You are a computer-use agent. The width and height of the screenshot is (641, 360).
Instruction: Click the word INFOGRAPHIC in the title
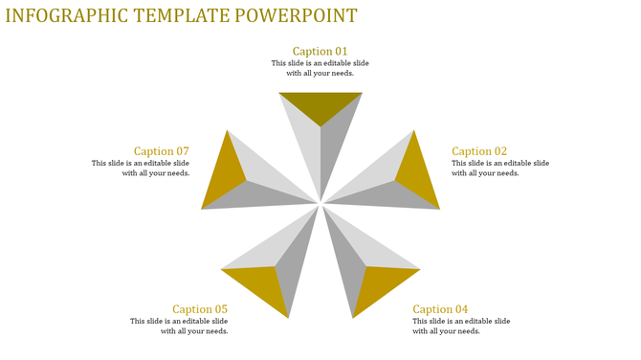pyautogui.click(x=67, y=16)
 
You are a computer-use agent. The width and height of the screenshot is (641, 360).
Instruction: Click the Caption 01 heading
pyautogui.click(x=320, y=52)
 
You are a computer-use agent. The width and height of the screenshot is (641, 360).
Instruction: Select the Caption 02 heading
pyautogui.click(x=479, y=151)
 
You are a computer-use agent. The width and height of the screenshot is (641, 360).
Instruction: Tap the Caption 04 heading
pyautogui.click(x=440, y=309)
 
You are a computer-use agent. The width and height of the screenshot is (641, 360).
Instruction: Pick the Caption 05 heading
pyautogui.click(x=200, y=309)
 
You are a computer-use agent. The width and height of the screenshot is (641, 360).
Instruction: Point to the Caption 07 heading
pyautogui.click(x=162, y=151)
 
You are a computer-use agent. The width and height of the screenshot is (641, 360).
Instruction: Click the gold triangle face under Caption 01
pyautogui.click(x=320, y=104)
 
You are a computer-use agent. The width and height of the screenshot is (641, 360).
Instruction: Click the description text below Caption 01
pyautogui.click(x=320, y=68)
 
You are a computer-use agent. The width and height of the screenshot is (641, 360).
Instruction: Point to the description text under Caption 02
pyautogui.click(x=499, y=169)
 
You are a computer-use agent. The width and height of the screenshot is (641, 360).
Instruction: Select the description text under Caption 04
pyautogui.click(x=461, y=326)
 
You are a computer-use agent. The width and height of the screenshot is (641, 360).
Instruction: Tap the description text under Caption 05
pyautogui.click(x=180, y=326)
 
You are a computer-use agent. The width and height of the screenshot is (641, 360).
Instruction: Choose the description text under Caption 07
pyautogui.click(x=141, y=169)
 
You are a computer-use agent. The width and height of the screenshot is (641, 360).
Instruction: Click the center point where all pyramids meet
pyautogui.click(x=320, y=203)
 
